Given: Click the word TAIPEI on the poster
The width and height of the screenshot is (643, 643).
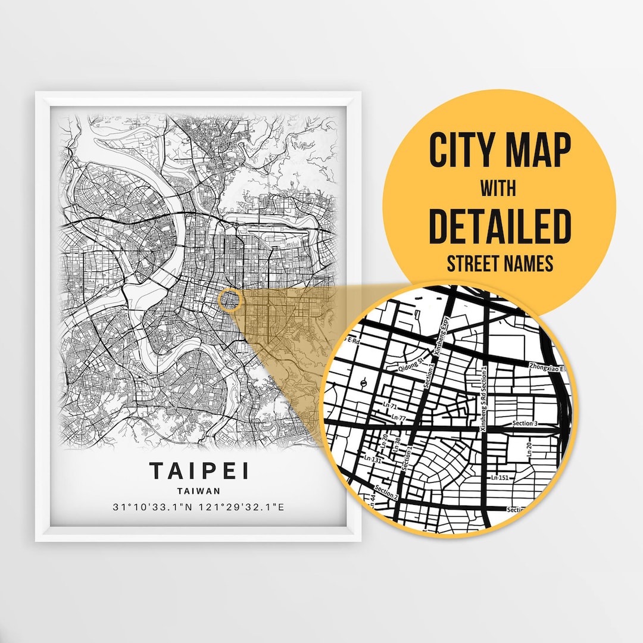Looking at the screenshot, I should point(199,470).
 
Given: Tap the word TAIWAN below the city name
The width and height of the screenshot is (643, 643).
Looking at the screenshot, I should point(199,491).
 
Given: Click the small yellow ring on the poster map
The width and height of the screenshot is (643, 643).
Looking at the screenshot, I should point(229,299).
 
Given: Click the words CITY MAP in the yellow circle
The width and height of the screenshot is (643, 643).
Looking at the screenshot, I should point(500,152).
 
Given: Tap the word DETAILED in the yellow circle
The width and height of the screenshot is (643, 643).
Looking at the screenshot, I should point(500,227).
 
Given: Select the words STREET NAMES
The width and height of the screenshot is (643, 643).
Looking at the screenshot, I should point(500,263).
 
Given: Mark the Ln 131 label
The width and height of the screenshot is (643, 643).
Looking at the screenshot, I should point(373,459).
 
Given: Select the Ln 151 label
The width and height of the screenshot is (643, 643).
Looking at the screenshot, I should point(500,477).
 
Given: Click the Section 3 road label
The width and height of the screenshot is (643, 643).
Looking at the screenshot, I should point(525,423).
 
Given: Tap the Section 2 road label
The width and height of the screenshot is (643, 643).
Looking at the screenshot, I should point(386,492).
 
